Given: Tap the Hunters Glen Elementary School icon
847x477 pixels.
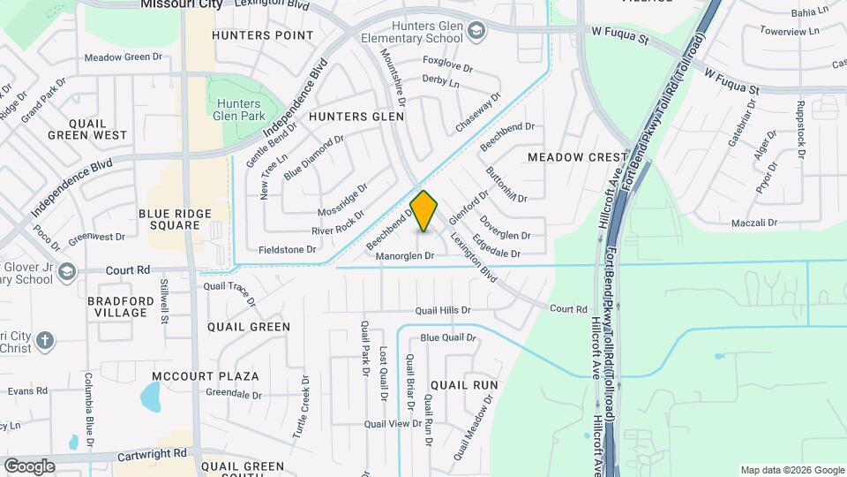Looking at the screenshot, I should point(476,33).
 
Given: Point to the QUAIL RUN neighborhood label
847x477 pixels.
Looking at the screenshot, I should point(464,385).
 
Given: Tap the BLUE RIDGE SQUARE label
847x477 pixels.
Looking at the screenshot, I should point(169,219).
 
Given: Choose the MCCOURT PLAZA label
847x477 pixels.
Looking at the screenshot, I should point(205,376).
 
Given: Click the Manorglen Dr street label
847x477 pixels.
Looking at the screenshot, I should point(406,256).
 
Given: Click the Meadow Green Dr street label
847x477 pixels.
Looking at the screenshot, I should point(124,57).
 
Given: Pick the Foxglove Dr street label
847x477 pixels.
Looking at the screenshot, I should point(448,61).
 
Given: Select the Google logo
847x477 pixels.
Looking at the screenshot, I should point(29,466).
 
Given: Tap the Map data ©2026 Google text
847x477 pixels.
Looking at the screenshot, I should point(791,470).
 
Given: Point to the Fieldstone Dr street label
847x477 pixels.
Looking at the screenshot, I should point(287,250).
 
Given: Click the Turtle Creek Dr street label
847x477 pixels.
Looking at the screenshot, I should point(303,408).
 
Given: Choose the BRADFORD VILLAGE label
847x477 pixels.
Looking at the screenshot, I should point(122,307).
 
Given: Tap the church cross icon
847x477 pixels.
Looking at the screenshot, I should point(46,339).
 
